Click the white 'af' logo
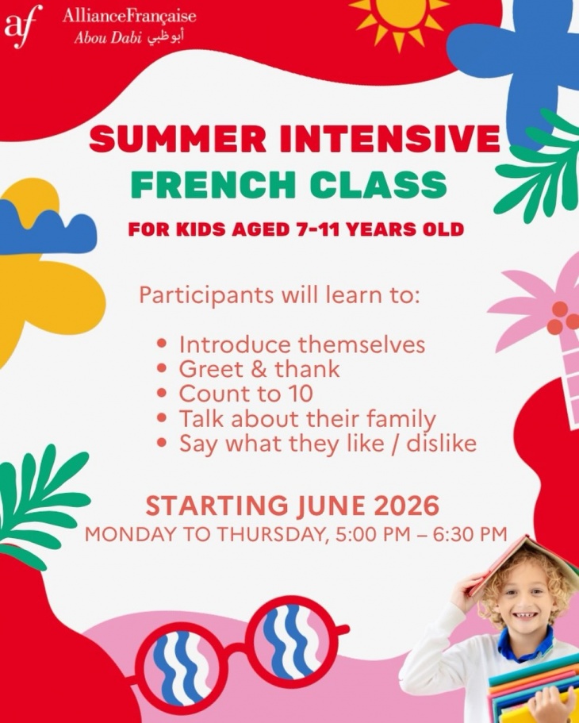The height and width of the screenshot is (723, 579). pos(22,25)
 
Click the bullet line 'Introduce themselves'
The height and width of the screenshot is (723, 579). pos(301,345)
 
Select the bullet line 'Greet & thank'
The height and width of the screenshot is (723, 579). pos(259,369)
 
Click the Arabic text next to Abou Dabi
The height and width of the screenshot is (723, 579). pos(164,38)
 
